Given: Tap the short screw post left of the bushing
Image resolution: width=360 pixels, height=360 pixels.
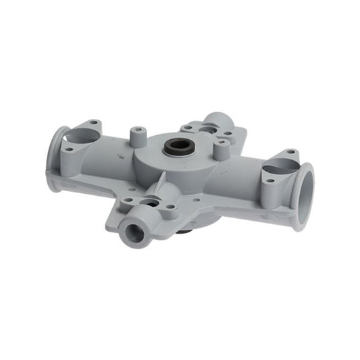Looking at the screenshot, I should tap(138, 135).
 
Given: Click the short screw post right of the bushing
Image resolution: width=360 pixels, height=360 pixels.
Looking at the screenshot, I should tap(220, 148).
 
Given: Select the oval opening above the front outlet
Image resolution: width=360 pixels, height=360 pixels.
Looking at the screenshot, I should tap(151, 202).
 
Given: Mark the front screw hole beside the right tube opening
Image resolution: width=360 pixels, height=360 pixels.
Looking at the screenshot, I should tap(269, 180).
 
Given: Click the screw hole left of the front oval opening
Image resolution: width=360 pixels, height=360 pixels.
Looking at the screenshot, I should tap(128, 201).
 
